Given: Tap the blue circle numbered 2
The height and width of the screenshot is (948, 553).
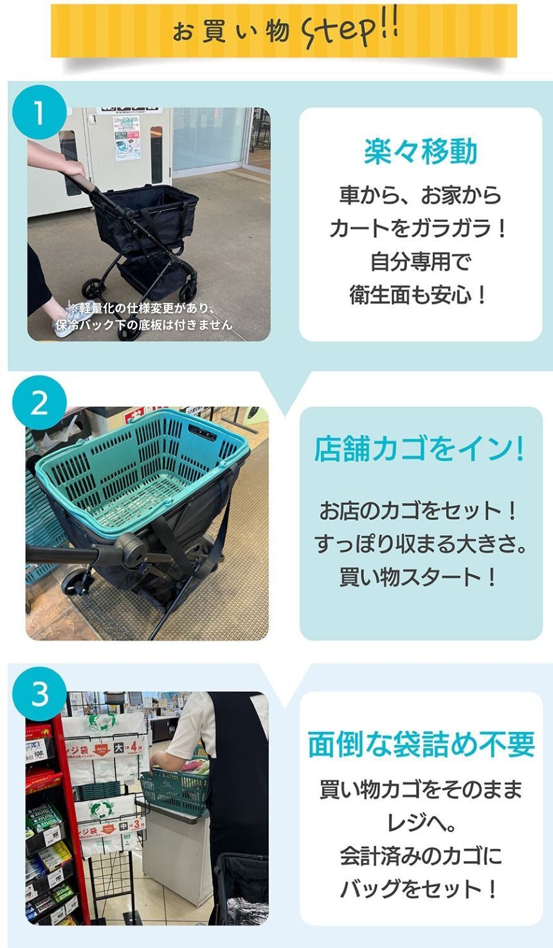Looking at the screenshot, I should [x=39, y=403].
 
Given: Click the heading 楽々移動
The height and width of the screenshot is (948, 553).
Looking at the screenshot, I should [x=421, y=152].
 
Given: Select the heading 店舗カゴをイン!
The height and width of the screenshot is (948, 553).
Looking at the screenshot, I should [x=420, y=449].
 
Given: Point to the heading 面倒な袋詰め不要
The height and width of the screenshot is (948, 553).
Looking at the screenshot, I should [x=421, y=745].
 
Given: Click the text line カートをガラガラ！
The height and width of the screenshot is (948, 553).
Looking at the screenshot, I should [x=419, y=228].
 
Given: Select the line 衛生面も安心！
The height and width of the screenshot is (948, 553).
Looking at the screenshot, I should [x=419, y=295].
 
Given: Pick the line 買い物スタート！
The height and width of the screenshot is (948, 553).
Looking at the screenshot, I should [x=419, y=577].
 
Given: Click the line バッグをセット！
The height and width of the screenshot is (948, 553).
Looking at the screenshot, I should [x=419, y=889].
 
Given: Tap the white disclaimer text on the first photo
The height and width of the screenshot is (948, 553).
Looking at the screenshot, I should [x=145, y=316].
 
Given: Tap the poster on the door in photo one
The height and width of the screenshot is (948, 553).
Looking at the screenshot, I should [x=127, y=138].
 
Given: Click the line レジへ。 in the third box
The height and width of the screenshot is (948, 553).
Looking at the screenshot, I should [x=419, y=823].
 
